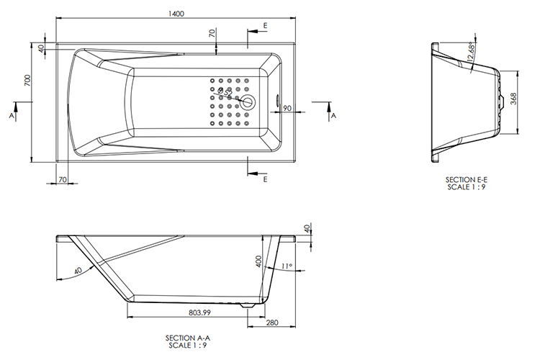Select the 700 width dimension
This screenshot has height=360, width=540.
(x=27, y=81)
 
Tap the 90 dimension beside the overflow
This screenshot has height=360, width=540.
(x=287, y=108)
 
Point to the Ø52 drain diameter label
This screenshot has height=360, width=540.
(x=225, y=92)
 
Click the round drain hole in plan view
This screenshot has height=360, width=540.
(x=248, y=102)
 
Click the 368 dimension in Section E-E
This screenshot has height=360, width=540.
(x=513, y=99)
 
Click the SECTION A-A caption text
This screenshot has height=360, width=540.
(x=189, y=337)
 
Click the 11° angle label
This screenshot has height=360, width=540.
(x=287, y=266)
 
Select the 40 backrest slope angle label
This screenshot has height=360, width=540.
(x=77, y=271)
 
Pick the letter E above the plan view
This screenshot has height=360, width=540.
(x=266, y=25)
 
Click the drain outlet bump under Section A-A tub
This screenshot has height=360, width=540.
(x=249, y=306)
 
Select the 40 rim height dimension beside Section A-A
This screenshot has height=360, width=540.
(x=308, y=229)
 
